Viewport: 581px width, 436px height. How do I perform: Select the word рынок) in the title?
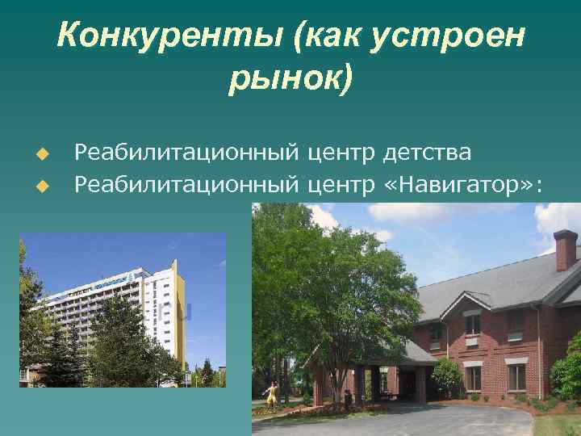click(290, 79)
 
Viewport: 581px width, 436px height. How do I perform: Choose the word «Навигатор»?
click(460, 187)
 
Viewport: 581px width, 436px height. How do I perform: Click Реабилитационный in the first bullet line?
click(187, 152)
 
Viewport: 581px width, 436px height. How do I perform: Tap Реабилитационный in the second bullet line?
click(187, 187)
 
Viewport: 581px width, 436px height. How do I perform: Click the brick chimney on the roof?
click(565, 250)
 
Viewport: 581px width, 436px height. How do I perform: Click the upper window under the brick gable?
click(472, 323)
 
